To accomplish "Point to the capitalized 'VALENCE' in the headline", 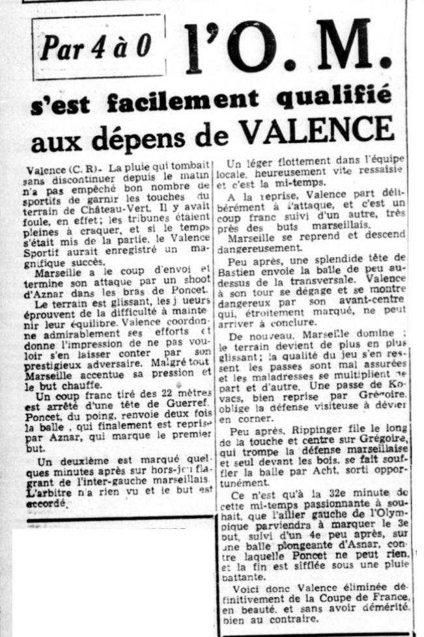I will tap(316, 132).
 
